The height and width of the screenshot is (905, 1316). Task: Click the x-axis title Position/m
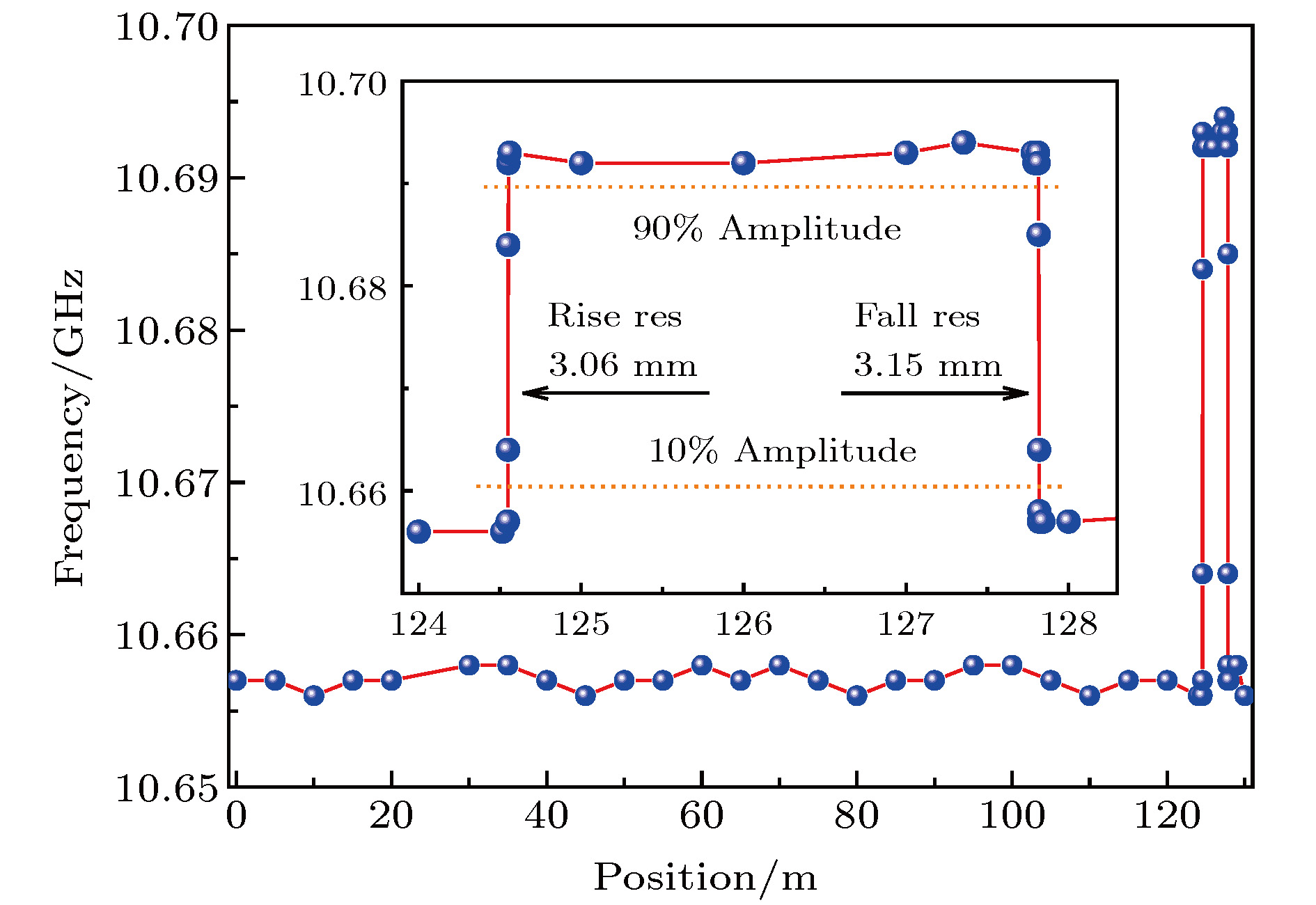point(705,877)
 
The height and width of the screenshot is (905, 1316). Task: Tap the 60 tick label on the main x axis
point(701,816)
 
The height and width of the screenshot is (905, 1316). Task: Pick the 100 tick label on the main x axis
point(1012,816)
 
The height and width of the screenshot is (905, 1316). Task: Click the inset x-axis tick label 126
point(744,624)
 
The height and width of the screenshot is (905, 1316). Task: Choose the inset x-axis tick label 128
point(1068,624)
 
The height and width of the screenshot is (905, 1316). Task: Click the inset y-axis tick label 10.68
point(342,288)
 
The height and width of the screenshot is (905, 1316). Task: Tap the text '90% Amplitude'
point(767,228)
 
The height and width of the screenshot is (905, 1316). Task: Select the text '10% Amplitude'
point(782,450)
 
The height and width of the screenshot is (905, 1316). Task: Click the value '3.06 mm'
point(622,365)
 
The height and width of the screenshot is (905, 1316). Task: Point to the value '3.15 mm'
point(927,365)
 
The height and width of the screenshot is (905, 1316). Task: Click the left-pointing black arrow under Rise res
point(616,393)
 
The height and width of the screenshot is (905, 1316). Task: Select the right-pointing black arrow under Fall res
point(934,393)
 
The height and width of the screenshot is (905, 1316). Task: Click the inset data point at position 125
point(581,163)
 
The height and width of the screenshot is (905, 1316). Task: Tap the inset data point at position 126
point(744,163)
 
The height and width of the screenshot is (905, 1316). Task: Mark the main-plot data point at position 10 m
point(314,695)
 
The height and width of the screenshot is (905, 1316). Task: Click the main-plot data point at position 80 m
point(856,695)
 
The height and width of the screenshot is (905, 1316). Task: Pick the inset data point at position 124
point(418,531)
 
